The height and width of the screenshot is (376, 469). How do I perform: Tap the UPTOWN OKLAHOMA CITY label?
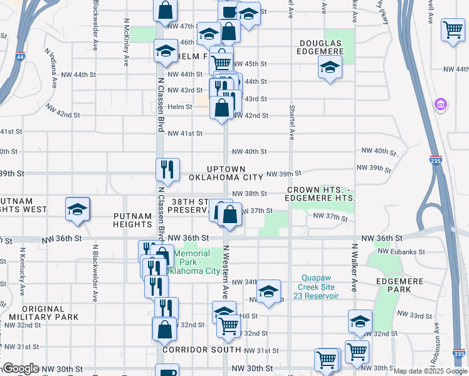point(226,174)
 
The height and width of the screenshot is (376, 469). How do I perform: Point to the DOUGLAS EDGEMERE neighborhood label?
point(320,47)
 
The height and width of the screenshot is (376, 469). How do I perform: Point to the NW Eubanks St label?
point(403,252)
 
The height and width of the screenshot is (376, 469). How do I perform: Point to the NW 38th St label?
point(249,194)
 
